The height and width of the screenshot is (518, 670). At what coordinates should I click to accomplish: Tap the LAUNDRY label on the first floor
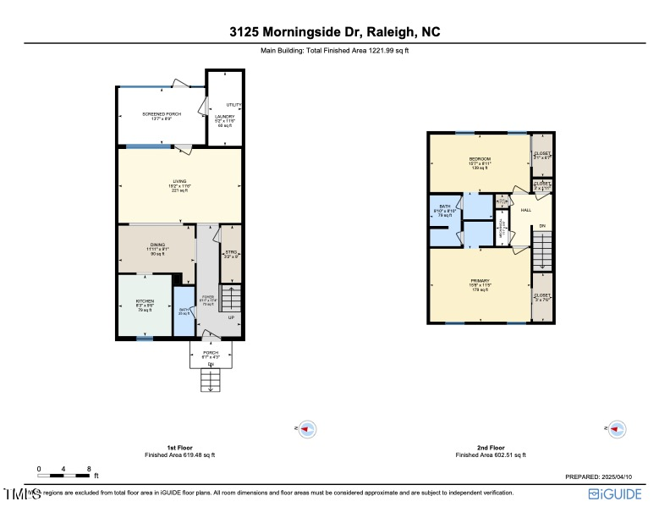pos(224,116)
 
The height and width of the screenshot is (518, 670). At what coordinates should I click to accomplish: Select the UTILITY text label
pos(234,105)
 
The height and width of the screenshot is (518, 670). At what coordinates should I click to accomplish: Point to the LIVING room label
pos(179,181)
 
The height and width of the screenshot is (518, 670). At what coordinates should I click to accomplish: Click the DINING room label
pos(157,244)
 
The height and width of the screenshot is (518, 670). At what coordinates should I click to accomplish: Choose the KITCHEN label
pos(144,300)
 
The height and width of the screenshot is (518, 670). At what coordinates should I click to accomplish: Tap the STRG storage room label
pos(230,252)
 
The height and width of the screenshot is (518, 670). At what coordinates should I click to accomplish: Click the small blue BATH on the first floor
pos(184,309)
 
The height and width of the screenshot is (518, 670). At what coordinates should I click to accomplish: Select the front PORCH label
pos(211,352)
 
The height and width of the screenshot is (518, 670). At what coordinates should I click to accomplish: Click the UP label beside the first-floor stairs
pos(231,317)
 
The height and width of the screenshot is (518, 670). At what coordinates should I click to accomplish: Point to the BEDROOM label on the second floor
pos(481,159)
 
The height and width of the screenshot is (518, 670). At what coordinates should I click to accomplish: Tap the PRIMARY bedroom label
pos(481,280)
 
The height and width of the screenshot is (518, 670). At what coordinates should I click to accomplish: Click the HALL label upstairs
pos(525,209)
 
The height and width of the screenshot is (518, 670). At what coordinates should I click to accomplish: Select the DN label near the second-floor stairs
pos(542,225)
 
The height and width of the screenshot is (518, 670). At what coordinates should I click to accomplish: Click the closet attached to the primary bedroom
pos(541,296)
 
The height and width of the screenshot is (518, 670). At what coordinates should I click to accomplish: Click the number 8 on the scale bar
pos(90,468)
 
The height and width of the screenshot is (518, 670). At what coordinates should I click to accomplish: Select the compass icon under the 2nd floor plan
pos(618,429)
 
